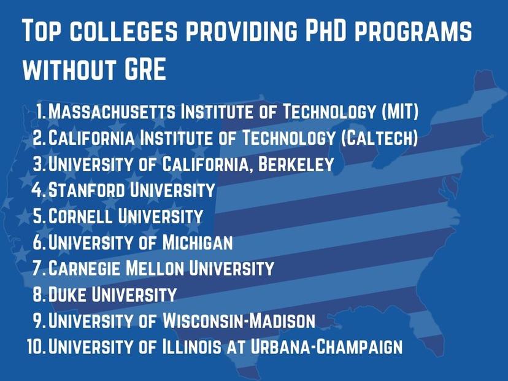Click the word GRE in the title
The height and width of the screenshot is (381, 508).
coord(145,69)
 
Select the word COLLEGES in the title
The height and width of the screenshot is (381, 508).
coord(124,31)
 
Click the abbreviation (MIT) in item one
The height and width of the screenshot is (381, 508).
coord(400,111)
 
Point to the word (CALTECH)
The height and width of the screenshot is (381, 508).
coord(379,137)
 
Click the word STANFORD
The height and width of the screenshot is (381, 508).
coord(87,190)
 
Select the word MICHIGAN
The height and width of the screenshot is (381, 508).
coord(198,242)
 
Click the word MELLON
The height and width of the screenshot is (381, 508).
coord(155,268)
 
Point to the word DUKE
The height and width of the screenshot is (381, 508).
coord(67,294)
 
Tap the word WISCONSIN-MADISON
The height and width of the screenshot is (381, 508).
coord(239,320)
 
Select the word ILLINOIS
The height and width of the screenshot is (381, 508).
coord(191,346)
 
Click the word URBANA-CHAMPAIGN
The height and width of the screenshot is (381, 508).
coord(326,346)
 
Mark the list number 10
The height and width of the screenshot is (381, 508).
coord(36,347)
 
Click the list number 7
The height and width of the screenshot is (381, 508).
coord(37,269)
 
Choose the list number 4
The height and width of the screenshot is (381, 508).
coord(37,190)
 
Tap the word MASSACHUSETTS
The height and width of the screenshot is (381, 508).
coord(112,111)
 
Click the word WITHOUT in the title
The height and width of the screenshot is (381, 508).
coord(69,69)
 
